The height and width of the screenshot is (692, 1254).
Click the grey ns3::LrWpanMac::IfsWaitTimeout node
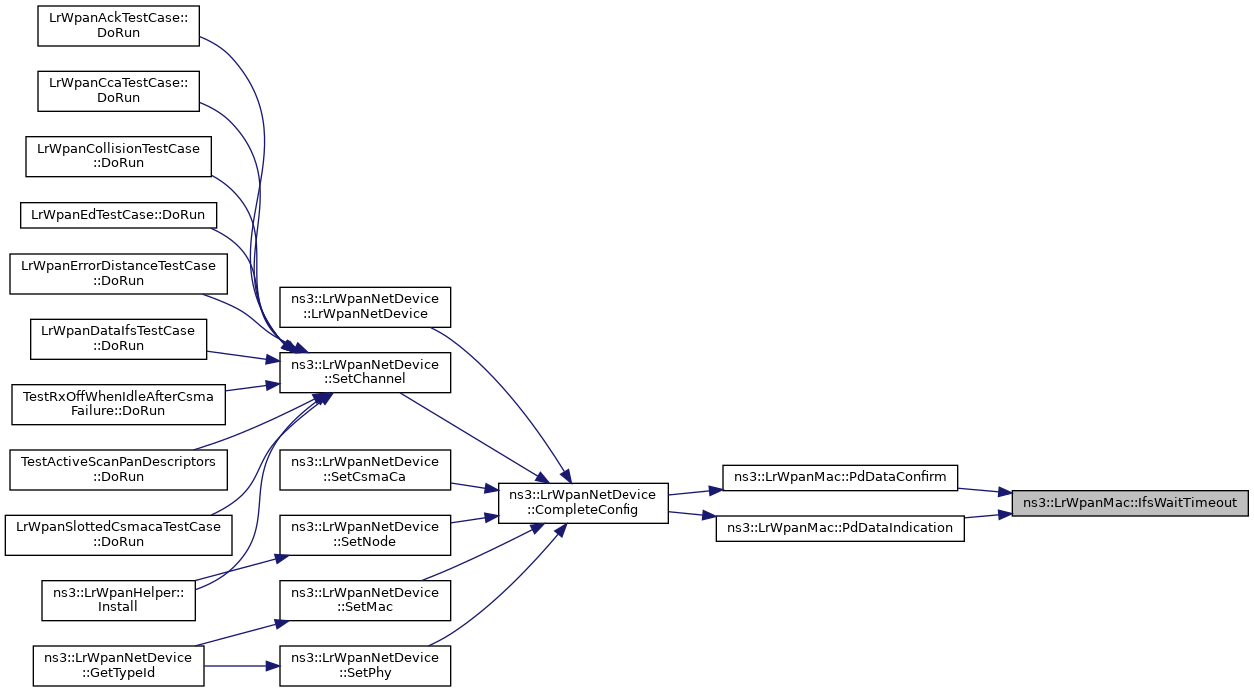tap(1130, 503)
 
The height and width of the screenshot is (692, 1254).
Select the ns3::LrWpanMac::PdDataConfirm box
tap(839, 477)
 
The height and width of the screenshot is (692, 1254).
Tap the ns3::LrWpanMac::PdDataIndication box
tap(840, 528)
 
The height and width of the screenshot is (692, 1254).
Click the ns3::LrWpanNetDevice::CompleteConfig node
tap(583, 503)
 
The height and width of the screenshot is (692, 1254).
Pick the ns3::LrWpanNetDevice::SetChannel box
tap(365, 372)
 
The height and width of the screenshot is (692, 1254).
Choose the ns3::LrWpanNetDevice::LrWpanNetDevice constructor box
tap(365, 306)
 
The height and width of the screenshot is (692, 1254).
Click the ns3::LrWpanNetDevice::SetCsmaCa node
tap(365, 470)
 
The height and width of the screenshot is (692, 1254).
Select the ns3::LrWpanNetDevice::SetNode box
tap(365, 535)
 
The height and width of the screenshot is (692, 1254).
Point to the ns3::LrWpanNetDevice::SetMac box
tap(365, 600)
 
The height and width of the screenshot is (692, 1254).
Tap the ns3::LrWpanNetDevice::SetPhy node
tap(365, 666)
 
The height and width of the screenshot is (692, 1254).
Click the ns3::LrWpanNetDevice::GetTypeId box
tap(118, 666)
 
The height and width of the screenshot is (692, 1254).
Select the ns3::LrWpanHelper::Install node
tap(118, 600)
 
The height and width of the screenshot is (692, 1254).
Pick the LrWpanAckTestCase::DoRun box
tap(118, 26)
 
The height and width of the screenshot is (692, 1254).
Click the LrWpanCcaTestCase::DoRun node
tap(118, 91)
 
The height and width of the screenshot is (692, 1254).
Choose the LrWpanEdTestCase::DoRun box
tap(118, 215)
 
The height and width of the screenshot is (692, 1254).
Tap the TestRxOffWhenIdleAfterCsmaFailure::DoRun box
tap(118, 404)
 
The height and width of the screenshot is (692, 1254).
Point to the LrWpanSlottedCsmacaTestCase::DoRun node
tap(118, 535)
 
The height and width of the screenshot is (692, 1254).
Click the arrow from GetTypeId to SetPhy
tap(241, 666)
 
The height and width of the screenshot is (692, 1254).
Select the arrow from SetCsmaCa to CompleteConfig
tap(475, 486)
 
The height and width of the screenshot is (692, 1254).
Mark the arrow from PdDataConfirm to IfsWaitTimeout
tap(985, 491)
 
